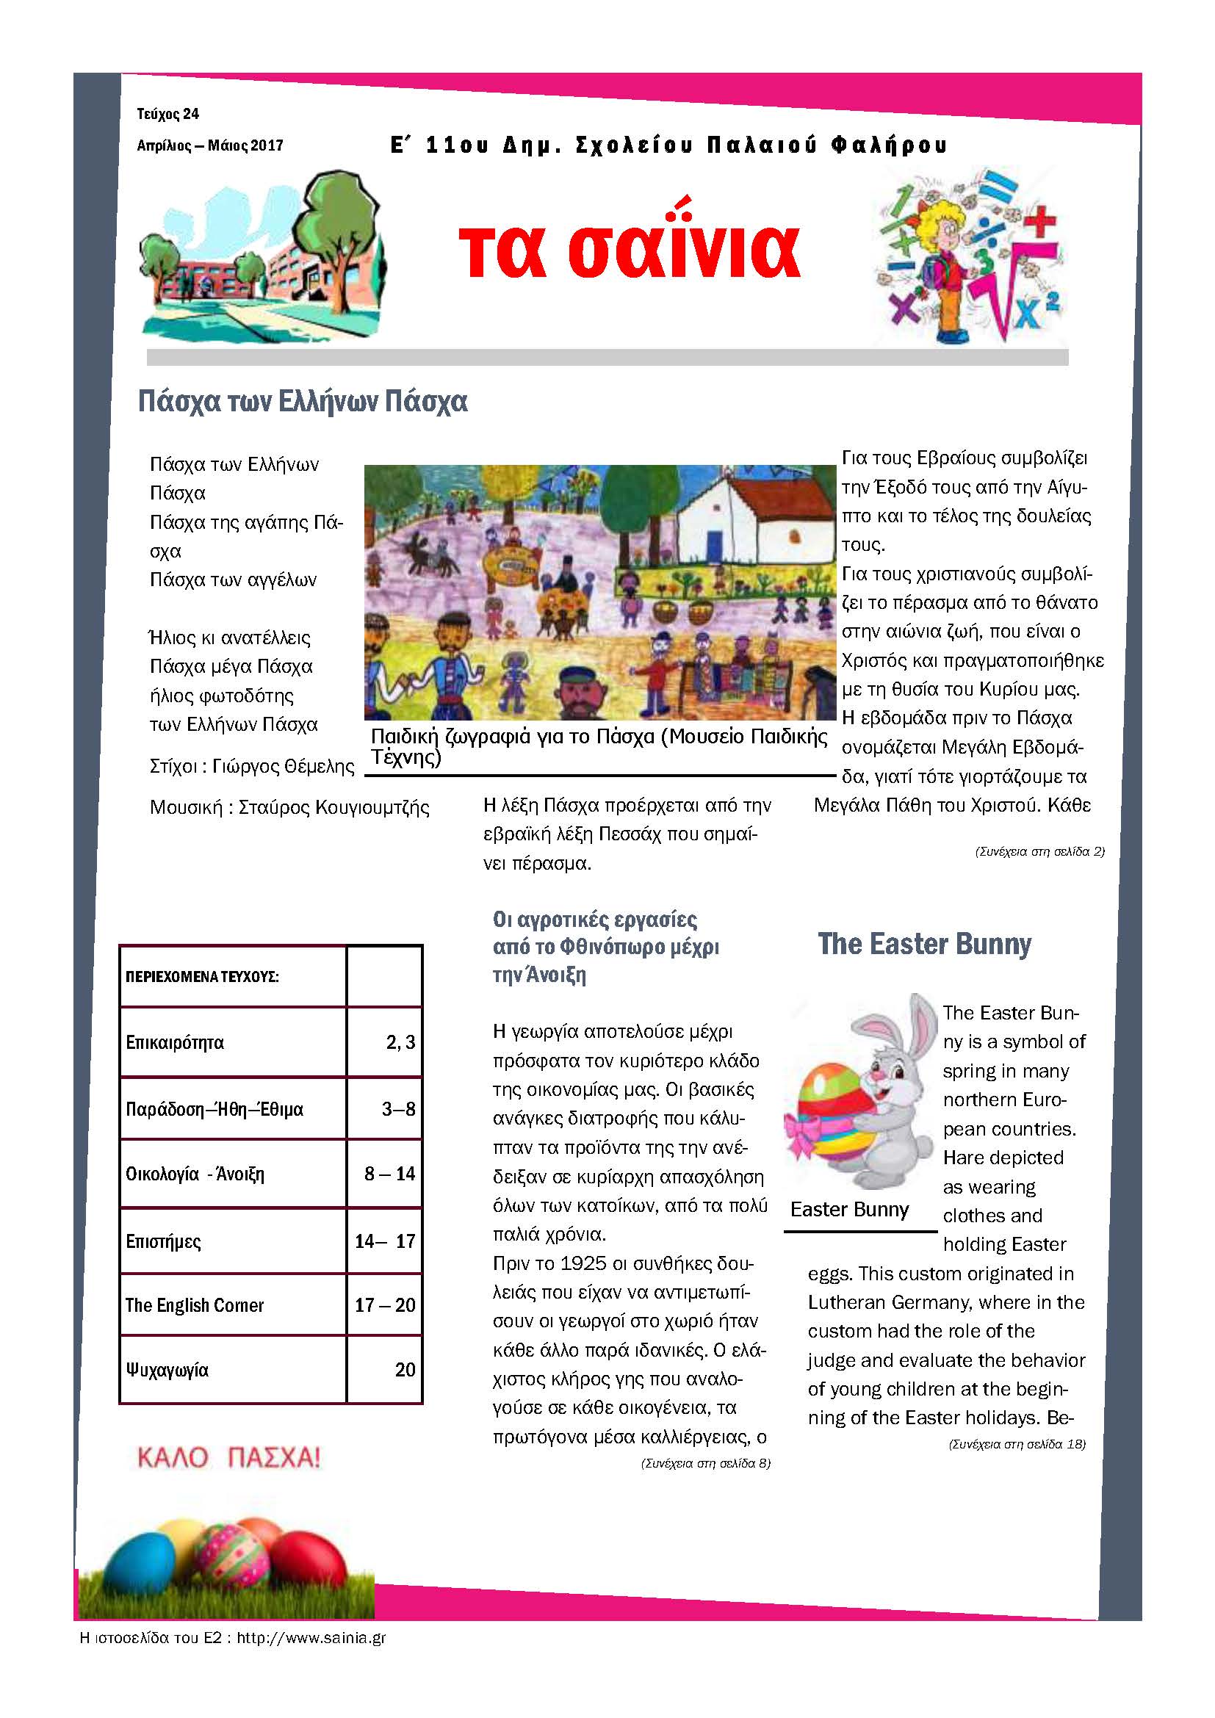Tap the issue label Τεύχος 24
coord(167,114)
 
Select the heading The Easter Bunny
coord(924,945)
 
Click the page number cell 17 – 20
coord(384,1305)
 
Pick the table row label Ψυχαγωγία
coord(167,1370)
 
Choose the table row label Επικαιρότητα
coord(174,1042)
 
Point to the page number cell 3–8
coord(398,1109)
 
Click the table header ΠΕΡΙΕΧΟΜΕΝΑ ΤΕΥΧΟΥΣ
coord(202,976)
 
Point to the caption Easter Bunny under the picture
coord(849,1209)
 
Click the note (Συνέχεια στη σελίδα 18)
coord(1017,1444)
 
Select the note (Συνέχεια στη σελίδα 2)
coord(1039,851)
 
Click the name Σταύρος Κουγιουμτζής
coord(334,807)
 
